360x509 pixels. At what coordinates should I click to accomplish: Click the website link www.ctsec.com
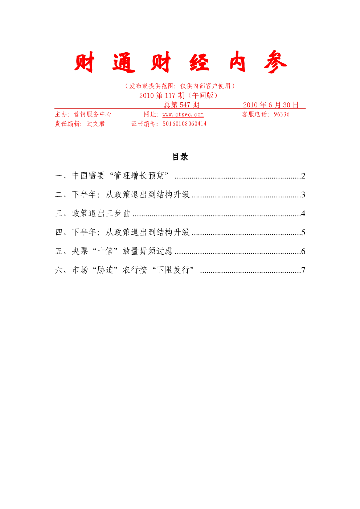pos(183,114)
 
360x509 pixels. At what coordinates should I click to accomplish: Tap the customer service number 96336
pos(282,114)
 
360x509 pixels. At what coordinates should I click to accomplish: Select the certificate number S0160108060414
pos(184,124)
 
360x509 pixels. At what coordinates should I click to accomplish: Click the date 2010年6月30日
pos(270,105)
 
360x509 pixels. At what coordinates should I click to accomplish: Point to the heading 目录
pos(180,157)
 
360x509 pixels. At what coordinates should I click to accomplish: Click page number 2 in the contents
pos(303,176)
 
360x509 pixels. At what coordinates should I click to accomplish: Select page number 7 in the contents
pos(303,270)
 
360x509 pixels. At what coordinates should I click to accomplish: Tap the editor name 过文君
pos(96,124)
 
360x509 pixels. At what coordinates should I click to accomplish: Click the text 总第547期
pos(181,105)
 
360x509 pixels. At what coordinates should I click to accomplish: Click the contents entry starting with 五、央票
pos(114,251)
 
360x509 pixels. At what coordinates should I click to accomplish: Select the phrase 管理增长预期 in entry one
pos(139,176)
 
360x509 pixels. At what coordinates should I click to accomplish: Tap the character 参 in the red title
pos(275,62)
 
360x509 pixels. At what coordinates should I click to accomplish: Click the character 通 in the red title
pos(124,62)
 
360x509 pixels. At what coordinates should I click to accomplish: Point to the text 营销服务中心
pos(93,114)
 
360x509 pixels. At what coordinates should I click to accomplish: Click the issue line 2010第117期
pos(162,95)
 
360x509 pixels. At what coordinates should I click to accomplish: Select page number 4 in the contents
pos(303,213)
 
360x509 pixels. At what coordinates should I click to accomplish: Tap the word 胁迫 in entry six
pos(105,270)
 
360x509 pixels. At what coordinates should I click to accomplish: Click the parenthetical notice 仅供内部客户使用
pos(205,86)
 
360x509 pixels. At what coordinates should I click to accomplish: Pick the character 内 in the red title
pos(237,61)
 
